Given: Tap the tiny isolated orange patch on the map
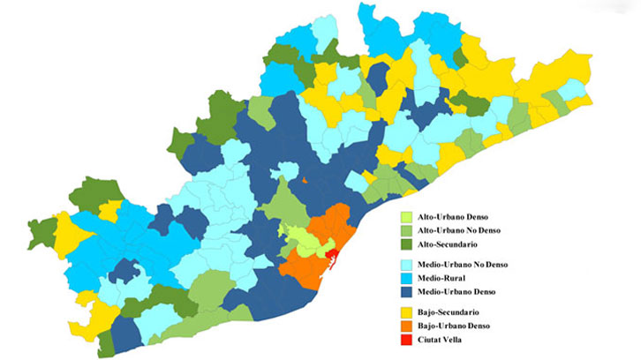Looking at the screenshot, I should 305,180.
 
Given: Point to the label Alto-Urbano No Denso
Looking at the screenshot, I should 471,230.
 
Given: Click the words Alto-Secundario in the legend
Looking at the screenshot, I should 459,244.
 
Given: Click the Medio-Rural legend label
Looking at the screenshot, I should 451,278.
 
